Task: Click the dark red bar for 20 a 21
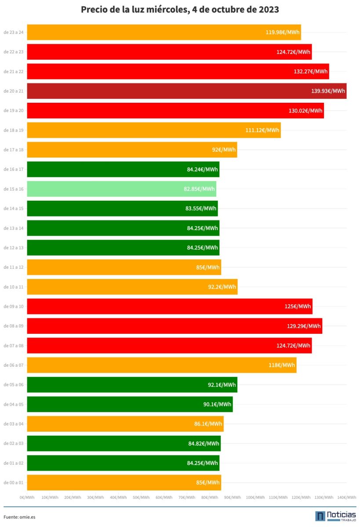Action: pyautogui.click(x=187, y=91)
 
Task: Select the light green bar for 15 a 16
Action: pyautogui.click(x=121, y=189)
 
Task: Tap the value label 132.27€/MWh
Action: pyautogui.click(x=310, y=72)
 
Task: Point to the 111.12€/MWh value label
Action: pyautogui.click(x=262, y=130)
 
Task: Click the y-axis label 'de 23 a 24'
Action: pyautogui.click(x=14, y=32)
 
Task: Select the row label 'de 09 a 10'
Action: pyautogui.click(x=14, y=307)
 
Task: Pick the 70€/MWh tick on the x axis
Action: pyautogui.click(x=187, y=497)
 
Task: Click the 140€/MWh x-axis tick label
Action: pyautogui.click(x=346, y=497)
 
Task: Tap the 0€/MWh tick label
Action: pyautogui.click(x=27, y=497)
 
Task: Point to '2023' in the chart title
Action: pyautogui.click(x=269, y=10)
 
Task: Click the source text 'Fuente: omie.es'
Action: pyautogui.click(x=19, y=517)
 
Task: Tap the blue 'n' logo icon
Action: pyautogui.click(x=320, y=516)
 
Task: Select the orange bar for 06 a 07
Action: pyautogui.click(x=162, y=365)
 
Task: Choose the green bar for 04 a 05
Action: pyautogui.click(x=130, y=404)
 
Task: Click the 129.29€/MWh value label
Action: pyautogui.click(x=303, y=326)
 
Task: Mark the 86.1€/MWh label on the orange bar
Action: pyautogui.click(x=208, y=424)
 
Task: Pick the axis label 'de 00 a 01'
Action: pyautogui.click(x=14, y=483)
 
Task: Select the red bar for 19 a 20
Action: pyautogui.click(x=175, y=110)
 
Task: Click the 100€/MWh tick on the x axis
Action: pyautogui.click(x=255, y=497)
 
